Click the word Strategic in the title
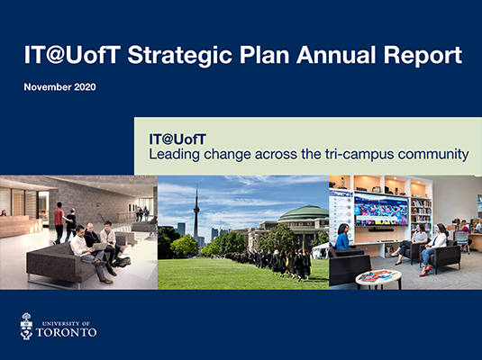(179, 56)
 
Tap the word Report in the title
(423, 56)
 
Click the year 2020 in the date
(86, 87)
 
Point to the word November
(48, 87)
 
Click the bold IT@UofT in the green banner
(177, 139)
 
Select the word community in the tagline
(433, 155)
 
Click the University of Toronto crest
(26, 326)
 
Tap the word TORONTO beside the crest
(67, 332)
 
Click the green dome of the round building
(304, 213)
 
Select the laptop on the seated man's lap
(99, 247)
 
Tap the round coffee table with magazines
(378, 279)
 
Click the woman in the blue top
(342, 237)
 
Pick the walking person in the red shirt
(59, 223)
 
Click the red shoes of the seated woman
(425, 271)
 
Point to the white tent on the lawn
(321, 250)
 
